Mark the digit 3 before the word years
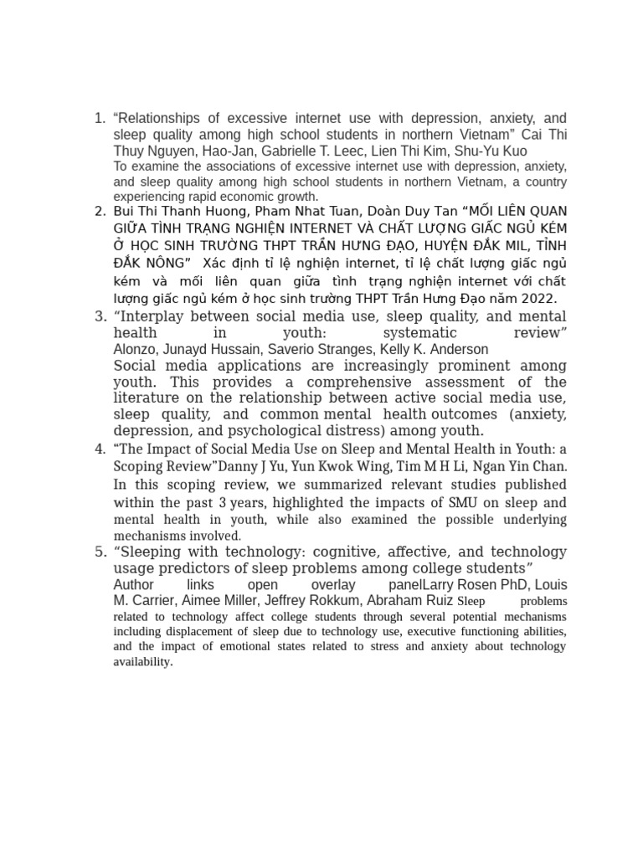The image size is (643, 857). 223,503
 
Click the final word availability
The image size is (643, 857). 142,662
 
